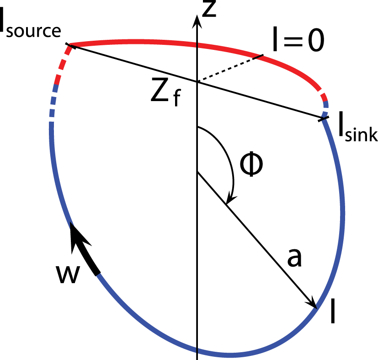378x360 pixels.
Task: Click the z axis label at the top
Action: (x=209, y=9)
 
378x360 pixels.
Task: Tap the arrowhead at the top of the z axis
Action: (x=197, y=21)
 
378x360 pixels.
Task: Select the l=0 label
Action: (x=298, y=40)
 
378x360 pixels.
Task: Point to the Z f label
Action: (x=165, y=92)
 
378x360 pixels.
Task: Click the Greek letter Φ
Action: (x=251, y=164)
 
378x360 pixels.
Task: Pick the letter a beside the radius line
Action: (x=294, y=258)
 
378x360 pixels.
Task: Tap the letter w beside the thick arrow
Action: (x=68, y=274)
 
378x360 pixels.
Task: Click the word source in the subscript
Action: (x=33, y=32)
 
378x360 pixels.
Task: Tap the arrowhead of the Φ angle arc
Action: (x=230, y=199)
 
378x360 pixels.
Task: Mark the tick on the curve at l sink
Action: (x=324, y=119)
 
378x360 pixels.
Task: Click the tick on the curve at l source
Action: (x=71, y=46)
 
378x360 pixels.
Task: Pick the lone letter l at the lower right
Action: (x=333, y=311)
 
